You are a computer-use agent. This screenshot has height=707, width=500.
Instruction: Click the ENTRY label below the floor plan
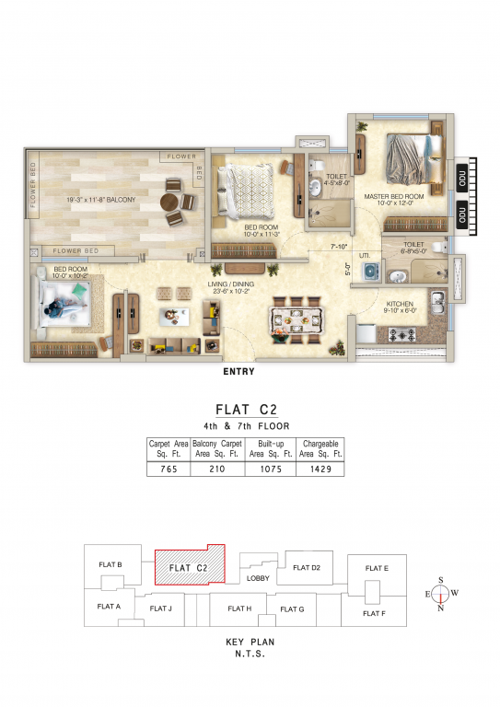click(x=238, y=373)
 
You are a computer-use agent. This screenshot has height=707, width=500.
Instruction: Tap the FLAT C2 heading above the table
click(x=247, y=409)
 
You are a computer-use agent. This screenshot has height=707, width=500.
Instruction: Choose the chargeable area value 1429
click(x=320, y=469)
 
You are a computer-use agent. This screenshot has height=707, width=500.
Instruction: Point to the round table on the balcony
click(x=172, y=203)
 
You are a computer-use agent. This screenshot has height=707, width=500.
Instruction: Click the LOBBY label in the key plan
click(x=259, y=578)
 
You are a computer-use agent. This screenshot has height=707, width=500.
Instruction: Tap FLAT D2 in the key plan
click(x=307, y=567)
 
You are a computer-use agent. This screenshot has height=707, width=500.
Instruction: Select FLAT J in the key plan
click(x=160, y=608)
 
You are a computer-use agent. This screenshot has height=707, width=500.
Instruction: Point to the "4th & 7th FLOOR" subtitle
click(x=247, y=426)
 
